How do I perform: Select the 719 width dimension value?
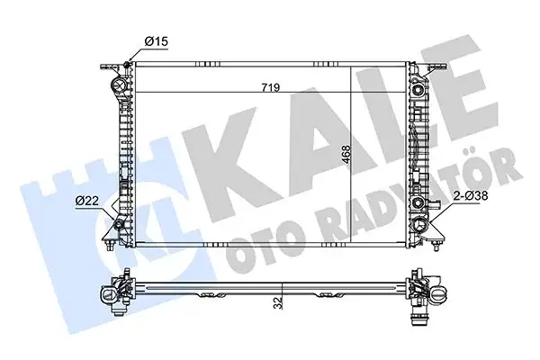point(270,87)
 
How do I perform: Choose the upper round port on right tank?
point(419,87)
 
